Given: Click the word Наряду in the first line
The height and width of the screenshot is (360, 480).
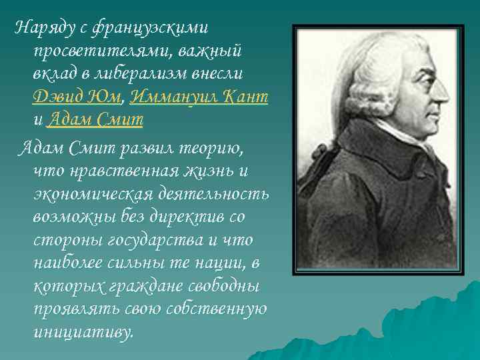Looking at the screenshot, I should (41, 28).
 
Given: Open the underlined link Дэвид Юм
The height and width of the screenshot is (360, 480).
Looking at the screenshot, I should (75, 97).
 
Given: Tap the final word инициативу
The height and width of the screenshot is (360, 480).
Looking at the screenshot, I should (83, 331).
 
